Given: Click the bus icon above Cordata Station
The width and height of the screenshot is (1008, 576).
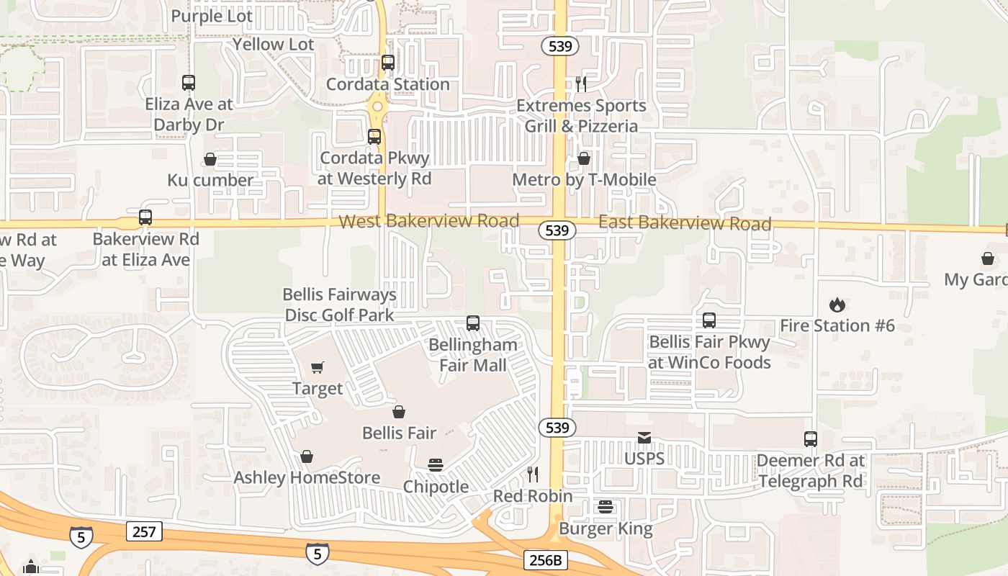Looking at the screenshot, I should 388,63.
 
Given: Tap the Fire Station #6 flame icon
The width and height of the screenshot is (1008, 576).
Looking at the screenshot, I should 837,305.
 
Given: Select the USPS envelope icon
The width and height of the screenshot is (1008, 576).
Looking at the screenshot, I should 644,438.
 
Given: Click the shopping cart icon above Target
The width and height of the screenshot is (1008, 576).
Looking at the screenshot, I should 318,368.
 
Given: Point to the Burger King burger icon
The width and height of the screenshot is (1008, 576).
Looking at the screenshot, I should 606,507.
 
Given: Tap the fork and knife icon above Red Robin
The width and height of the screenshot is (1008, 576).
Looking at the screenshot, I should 533,474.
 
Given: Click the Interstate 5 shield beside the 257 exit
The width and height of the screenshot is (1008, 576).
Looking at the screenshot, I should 81,537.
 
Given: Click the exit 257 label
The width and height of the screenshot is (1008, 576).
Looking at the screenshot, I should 144,532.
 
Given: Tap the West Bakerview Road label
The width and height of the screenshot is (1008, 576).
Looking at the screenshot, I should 428,221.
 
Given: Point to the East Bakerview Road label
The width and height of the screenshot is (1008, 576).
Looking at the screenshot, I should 685,223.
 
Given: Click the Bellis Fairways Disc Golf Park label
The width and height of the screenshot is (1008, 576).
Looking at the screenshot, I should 340,305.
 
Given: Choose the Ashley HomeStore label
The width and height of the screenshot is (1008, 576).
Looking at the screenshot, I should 307,477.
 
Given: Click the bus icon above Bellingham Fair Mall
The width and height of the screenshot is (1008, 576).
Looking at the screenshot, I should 473,323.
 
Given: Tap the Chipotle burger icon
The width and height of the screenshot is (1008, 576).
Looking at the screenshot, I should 436,465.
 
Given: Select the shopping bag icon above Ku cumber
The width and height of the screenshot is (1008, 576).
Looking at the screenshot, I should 210,159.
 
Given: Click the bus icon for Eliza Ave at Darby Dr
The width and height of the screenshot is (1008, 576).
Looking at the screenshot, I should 189,83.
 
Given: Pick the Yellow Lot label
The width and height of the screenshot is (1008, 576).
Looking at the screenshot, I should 274,45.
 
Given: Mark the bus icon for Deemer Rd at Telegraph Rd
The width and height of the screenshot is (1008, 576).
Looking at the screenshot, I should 811,439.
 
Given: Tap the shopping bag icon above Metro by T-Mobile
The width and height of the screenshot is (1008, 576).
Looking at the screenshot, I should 584,158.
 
